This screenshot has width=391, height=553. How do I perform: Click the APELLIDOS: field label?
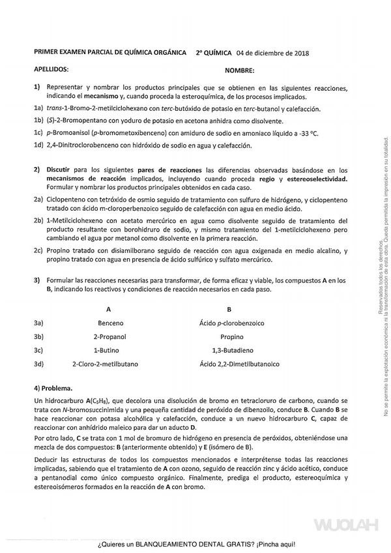pos(51,68)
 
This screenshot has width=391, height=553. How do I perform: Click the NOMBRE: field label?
pos(239,70)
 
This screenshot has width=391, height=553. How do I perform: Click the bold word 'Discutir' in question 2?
pos(58,170)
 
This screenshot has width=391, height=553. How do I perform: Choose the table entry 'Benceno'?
pos(110,323)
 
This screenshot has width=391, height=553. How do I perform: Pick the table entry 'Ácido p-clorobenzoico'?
pos(231,323)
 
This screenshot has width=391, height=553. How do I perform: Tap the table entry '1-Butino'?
pos(109,350)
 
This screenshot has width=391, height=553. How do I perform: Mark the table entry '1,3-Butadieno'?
pos(231,350)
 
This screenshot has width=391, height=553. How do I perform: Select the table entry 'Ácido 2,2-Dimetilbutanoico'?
pos(231,364)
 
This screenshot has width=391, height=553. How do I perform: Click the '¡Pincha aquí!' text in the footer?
pos(276,544)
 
